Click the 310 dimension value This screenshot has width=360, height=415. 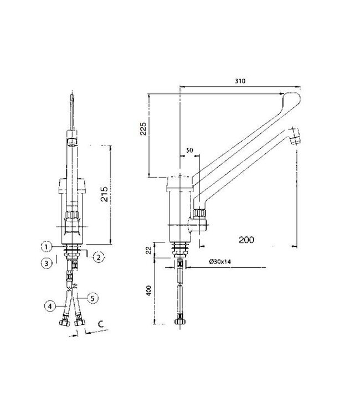tap(239, 81)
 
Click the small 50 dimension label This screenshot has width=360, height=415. tap(190, 151)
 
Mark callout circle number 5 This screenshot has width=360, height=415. tap(93, 298)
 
